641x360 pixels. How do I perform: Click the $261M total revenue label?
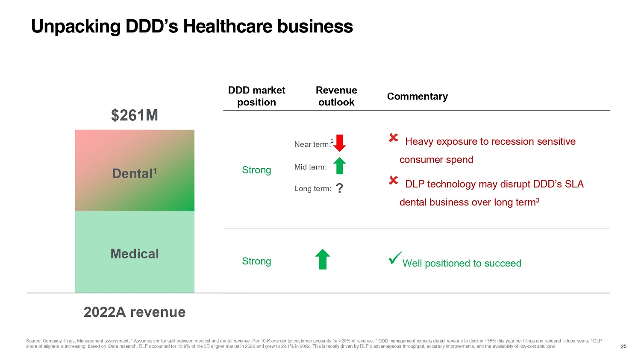coord(135,115)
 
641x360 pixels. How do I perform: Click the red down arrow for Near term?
coord(340,143)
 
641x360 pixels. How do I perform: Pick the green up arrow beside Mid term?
coord(339,166)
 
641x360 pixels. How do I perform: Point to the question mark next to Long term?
coord(340,188)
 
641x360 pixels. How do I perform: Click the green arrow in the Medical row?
coord(323,259)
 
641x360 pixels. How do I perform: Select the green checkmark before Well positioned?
coord(395,258)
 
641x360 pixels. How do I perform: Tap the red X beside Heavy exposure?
coord(394,138)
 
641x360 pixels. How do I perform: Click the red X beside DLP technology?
coord(394,181)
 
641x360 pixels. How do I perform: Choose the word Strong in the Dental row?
coord(256,170)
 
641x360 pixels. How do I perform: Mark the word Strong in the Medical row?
coord(256,261)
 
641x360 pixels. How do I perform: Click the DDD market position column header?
coord(256,96)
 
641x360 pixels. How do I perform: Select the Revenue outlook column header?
coord(336,96)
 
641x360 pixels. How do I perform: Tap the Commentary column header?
coord(417,97)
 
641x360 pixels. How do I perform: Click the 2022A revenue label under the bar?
coord(135,312)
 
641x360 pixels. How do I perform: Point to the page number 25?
coord(623,346)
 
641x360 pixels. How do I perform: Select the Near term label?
coord(312,144)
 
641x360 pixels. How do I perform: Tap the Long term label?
coord(312,189)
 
